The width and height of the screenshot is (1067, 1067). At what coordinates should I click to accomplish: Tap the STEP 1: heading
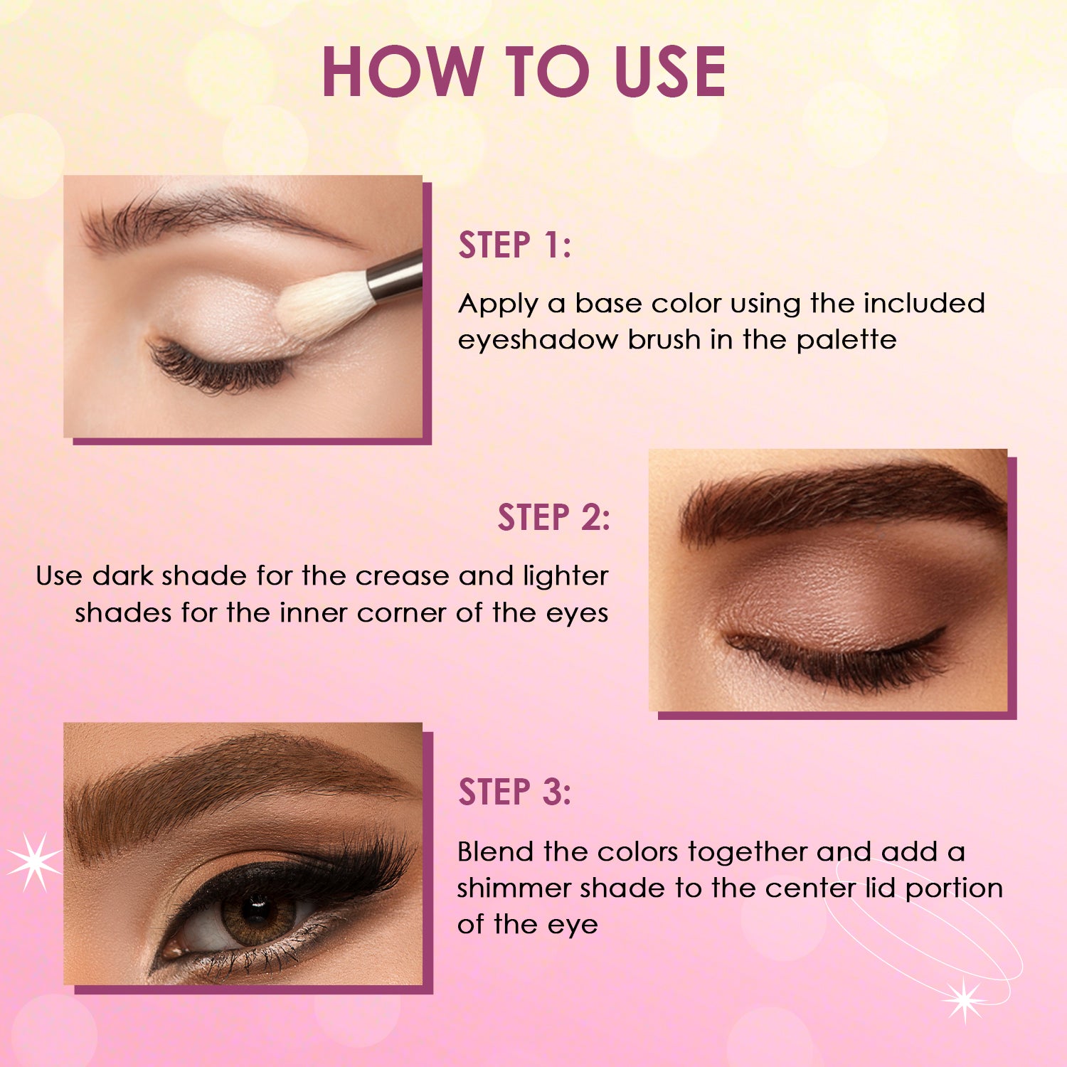514,245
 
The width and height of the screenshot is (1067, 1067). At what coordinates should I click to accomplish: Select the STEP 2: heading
553,517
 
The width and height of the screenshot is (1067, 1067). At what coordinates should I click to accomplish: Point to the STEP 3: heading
514,792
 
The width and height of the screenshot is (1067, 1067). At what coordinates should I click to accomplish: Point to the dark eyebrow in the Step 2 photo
839,498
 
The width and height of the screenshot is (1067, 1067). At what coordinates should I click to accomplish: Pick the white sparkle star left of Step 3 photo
33,861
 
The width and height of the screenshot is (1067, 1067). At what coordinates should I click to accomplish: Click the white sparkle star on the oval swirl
964,999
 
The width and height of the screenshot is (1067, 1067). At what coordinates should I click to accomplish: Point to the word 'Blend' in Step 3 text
496,851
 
